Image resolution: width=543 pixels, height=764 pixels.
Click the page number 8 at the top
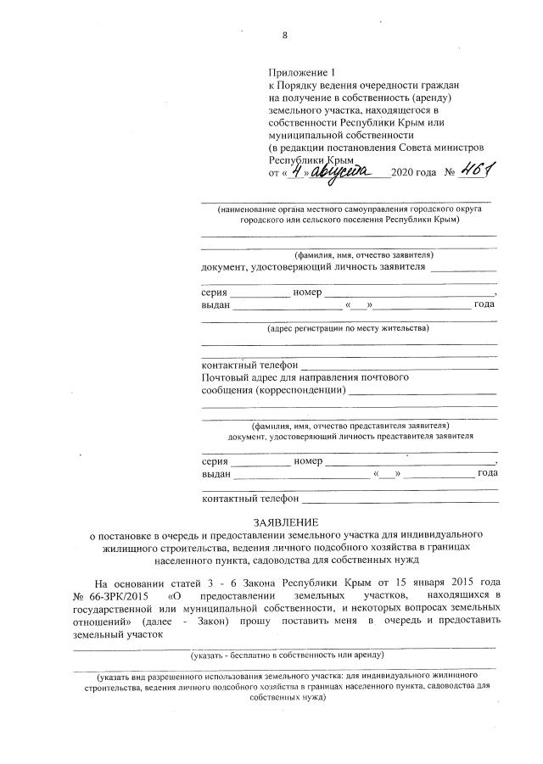(x=284, y=36)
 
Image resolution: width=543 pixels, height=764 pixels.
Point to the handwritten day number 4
(x=295, y=171)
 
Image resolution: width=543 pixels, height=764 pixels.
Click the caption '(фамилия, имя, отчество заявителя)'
(x=364, y=254)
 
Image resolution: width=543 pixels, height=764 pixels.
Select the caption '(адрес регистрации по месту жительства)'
(x=348, y=327)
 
